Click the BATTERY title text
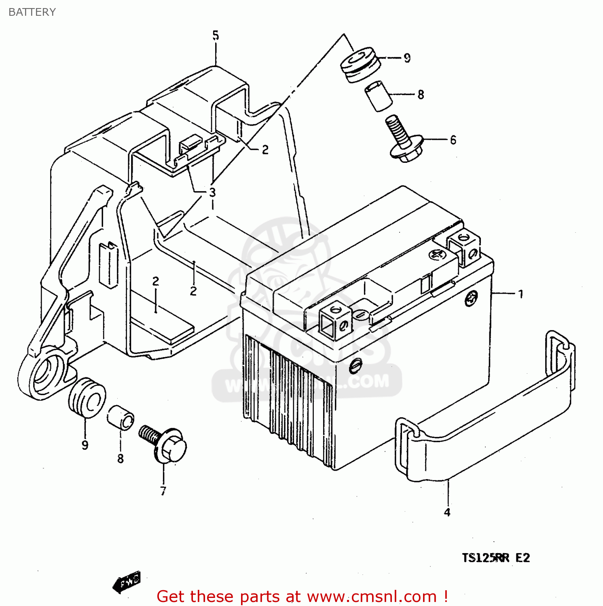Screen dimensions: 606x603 click(32, 12)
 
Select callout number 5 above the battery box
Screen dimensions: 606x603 click(216, 36)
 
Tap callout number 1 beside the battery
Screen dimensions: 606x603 click(521, 294)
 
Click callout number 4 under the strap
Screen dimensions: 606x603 click(447, 512)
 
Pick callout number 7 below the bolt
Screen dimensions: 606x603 click(163, 491)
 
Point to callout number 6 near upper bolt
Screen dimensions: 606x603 click(453, 140)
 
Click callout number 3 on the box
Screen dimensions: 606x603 click(212, 192)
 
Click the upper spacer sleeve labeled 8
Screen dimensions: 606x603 click(379, 96)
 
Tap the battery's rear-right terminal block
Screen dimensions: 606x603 click(464, 247)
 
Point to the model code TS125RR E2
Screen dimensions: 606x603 click(496, 558)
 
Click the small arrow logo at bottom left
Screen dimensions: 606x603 click(127, 582)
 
